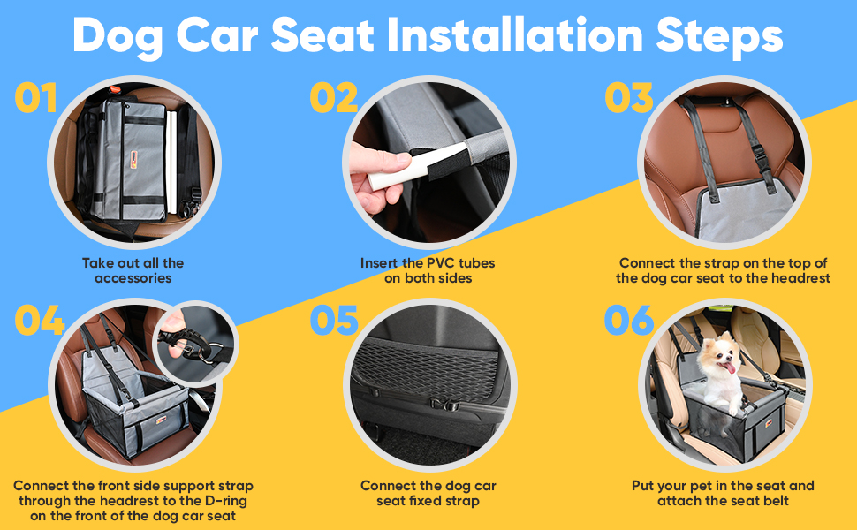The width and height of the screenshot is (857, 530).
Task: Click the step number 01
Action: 36,98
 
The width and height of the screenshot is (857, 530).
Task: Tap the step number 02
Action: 334,98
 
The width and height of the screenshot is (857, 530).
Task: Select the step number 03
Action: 629,98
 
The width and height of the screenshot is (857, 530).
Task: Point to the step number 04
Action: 40,321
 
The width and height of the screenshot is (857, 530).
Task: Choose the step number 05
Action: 335,321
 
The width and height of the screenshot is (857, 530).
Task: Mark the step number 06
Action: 629,321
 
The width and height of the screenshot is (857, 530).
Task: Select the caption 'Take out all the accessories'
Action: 133,270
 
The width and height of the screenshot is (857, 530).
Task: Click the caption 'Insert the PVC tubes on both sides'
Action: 428,270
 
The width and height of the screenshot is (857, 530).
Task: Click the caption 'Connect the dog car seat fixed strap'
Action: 428,493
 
